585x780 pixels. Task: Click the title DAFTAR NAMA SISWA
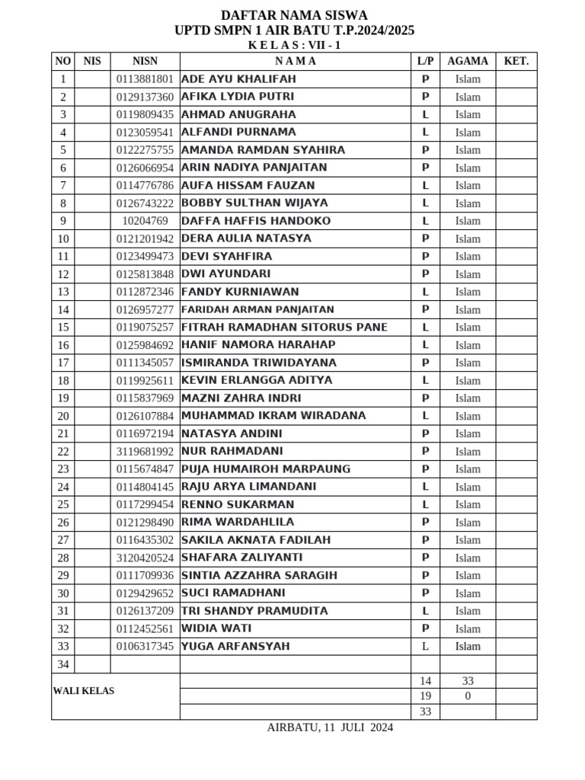click(294, 15)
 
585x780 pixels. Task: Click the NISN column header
click(145, 61)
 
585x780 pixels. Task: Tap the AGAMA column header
click(468, 61)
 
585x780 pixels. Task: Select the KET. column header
click(516, 61)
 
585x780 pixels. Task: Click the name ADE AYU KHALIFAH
click(238, 79)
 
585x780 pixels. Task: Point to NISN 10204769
click(145, 221)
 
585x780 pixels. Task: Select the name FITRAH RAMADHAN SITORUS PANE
click(284, 328)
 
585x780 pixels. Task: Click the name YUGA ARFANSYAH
click(235, 647)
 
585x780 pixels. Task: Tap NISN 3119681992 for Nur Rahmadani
click(145, 452)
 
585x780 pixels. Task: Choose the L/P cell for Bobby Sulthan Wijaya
click(426, 203)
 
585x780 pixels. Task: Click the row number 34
click(63, 664)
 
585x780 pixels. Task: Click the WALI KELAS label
click(84, 691)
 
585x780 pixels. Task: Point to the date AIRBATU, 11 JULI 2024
click(330, 727)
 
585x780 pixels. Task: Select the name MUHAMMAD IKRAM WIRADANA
click(273, 416)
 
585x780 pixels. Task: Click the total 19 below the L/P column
click(426, 696)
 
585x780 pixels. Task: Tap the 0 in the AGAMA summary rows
click(468, 696)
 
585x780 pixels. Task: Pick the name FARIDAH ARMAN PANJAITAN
click(257, 310)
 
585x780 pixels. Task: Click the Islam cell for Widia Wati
click(468, 629)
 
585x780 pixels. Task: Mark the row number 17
click(63, 363)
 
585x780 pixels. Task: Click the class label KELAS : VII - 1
click(294, 45)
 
